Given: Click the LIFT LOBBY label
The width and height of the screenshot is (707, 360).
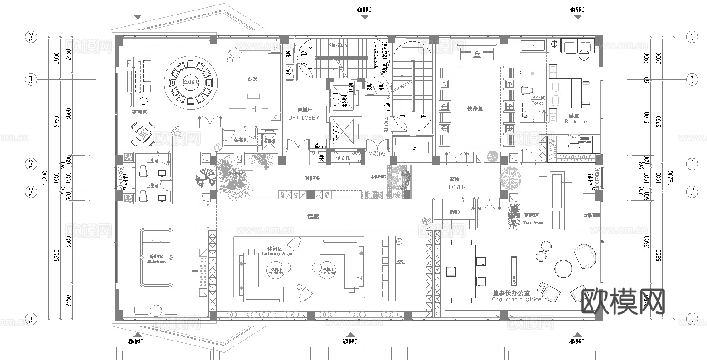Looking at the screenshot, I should click(303, 117).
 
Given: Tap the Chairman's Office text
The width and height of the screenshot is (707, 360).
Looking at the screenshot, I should click(516, 299).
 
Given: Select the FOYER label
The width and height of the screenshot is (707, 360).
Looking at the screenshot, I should click(457, 187).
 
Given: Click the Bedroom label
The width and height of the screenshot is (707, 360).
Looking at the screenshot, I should click(576, 122).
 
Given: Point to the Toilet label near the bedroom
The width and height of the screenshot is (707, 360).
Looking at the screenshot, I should click(538, 103).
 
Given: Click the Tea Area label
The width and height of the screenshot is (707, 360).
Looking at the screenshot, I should click(533, 223).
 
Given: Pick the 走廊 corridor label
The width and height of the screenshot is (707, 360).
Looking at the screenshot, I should click(313, 217).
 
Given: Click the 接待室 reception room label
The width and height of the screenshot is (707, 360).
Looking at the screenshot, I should click(475, 108).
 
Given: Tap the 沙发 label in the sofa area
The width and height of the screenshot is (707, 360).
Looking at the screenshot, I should click(252, 78).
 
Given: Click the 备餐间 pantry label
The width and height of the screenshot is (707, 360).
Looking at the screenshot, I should click(241, 140).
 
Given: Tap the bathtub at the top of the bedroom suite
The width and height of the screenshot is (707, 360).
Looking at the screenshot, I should click(533, 45).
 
